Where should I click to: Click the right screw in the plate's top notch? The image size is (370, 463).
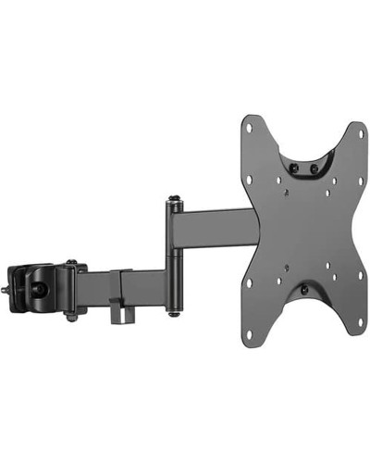pos(315,168)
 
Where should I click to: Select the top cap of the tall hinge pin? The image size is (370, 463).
pos(172,199)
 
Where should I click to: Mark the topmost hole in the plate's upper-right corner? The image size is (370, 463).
pos(353,130)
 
